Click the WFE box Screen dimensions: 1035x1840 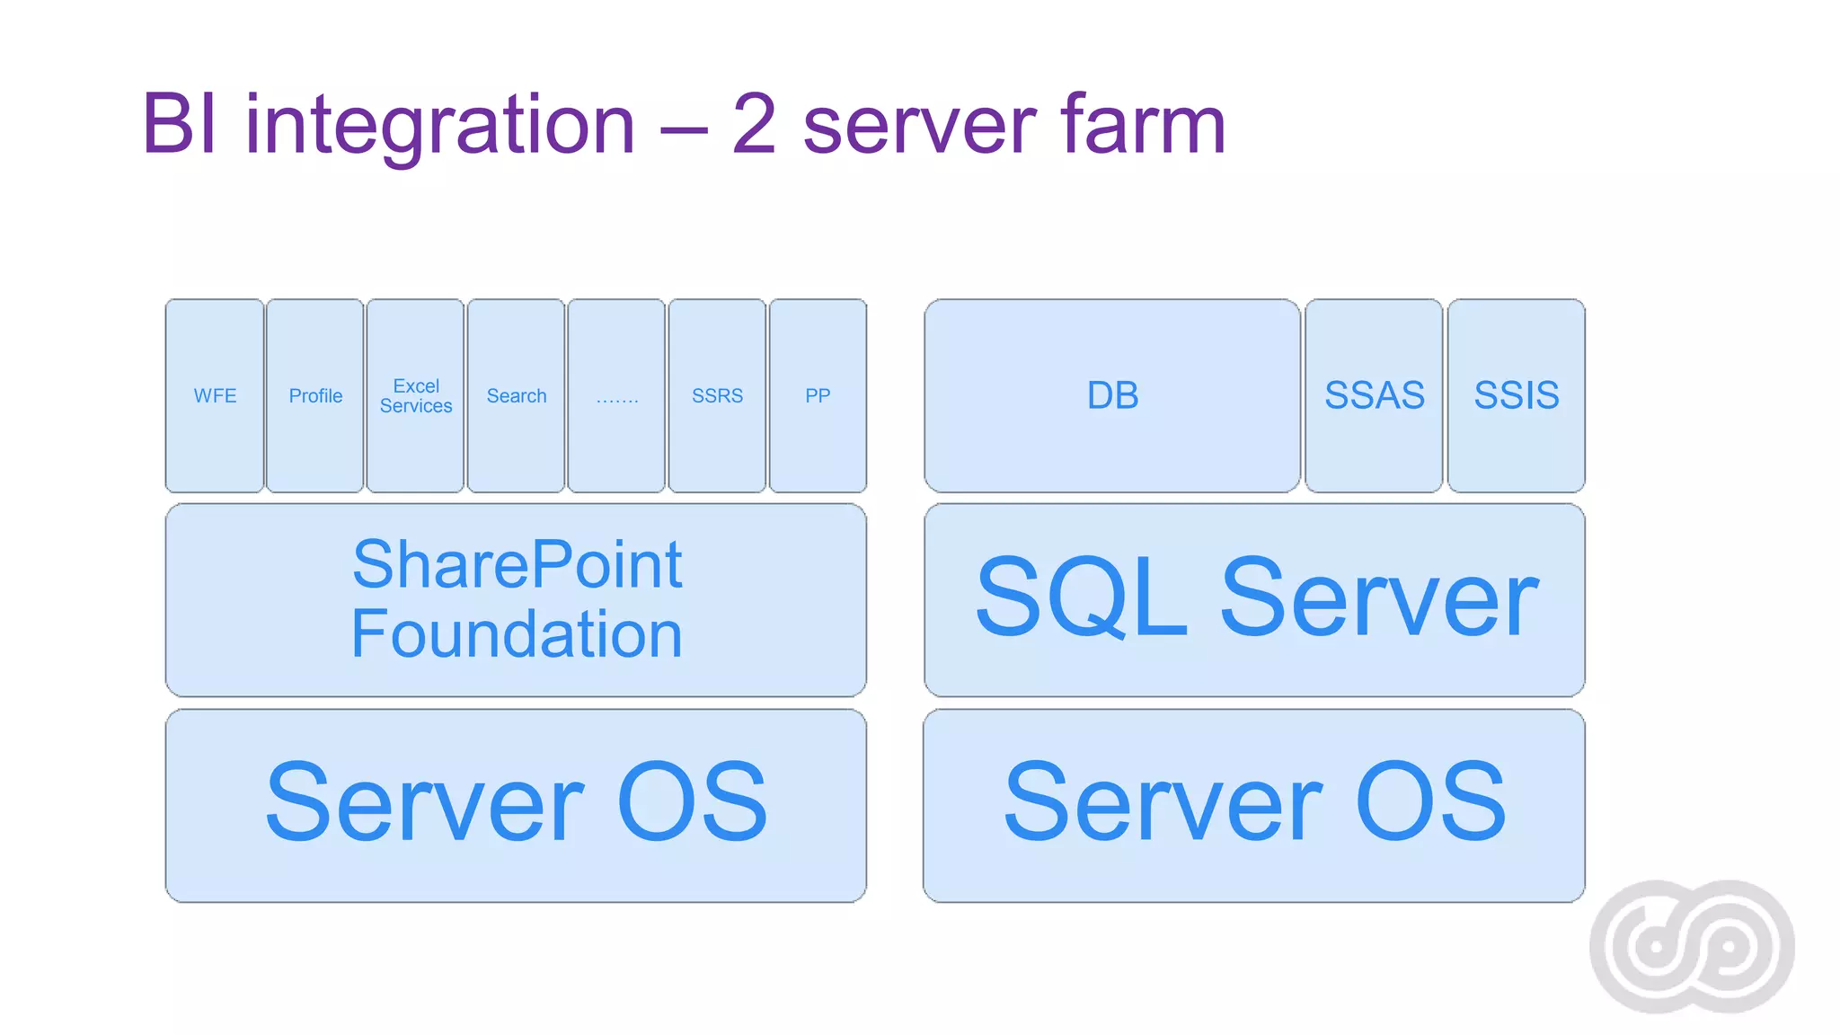pos(215,395)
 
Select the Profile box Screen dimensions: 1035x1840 pos(315,395)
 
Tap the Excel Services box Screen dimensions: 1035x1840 pos(416,395)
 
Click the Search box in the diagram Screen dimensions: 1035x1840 pos(517,395)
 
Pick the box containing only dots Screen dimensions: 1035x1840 pos(617,395)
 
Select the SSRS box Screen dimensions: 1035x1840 pos(717,395)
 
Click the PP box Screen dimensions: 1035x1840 pos(818,395)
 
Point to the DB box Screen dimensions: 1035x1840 pos(1112,395)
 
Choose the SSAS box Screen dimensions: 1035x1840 pos(1374,395)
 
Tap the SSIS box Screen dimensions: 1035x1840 pos(1517,395)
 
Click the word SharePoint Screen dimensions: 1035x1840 pos(517,566)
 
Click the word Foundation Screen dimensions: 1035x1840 pos(517,634)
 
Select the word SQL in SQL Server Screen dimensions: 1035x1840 pos(1082,597)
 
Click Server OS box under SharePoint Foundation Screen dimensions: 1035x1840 pos(517,804)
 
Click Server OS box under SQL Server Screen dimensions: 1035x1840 pos(1254,804)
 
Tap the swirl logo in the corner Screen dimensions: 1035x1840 pos(1692,946)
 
